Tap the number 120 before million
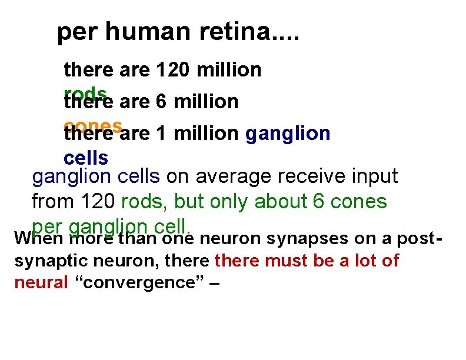pyautogui.click(x=175, y=70)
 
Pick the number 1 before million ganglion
pyautogui.click(x=161, y=134)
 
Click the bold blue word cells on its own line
pyautogui.click(x=86, y=158)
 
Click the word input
pyautogui.click(x=375, y=176)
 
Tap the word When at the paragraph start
pyautogui.click(x=39, y=239)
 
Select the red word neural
pyautogui.click(x=41, y=282)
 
